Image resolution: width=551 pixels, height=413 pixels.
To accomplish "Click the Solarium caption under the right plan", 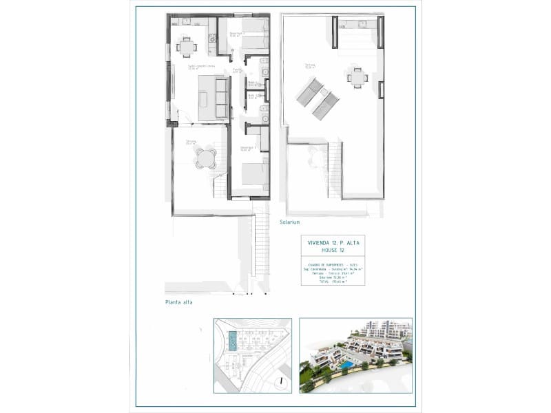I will tap(290, 223).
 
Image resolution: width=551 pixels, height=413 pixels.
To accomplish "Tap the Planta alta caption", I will tap(178, 302).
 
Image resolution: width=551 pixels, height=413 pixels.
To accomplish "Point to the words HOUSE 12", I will tap(332, 251).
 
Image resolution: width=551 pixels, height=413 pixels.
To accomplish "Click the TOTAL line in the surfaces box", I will tap(332, 282).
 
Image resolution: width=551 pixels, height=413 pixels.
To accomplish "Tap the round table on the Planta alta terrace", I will tap(205, 159).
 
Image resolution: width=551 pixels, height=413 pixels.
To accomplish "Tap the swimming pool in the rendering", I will tap(349, 363).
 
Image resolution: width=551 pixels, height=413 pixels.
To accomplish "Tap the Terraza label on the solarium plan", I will tap(311, 66).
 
